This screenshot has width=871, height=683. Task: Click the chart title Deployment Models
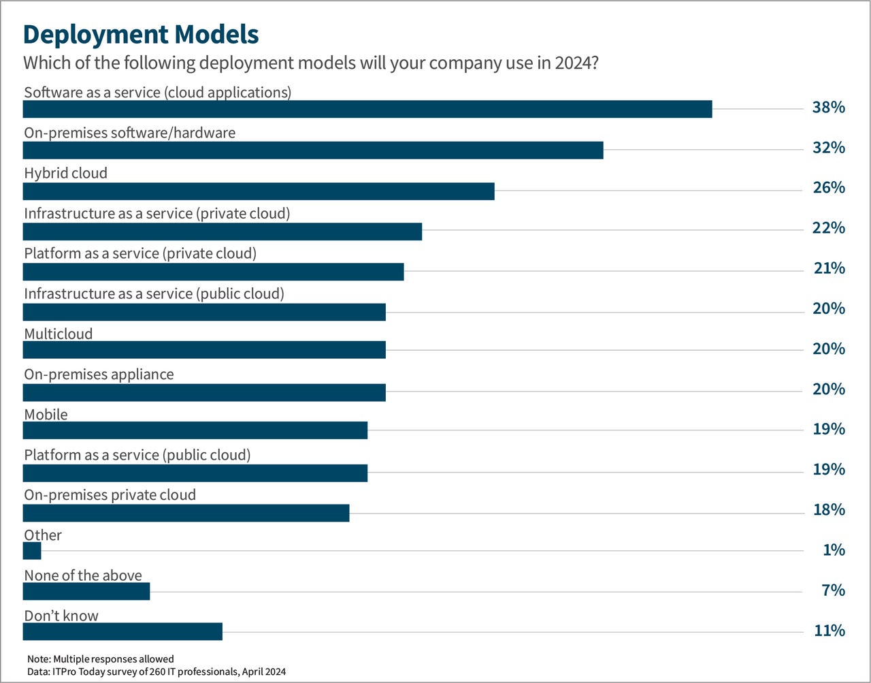click(x=141, y=34)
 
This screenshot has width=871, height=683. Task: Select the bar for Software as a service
click(x=367, y=109)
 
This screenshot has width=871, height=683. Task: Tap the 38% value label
click(x=828, y=108)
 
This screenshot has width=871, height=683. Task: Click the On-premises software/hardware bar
click(x=313, y=150)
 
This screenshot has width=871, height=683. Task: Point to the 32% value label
click(x=828, y=148)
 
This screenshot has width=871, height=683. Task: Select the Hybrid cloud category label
click(x=65, y=173)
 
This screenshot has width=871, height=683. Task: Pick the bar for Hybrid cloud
click(x=259, y=191)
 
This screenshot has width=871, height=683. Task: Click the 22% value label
click(x=828, y=228)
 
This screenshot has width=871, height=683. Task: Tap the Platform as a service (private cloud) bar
click(x=213, y=272)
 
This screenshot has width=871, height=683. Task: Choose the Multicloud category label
click(x=59, y=334)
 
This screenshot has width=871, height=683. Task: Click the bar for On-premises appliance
click(x=204, y=393)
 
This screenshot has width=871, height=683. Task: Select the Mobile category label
click(x=46, y=414)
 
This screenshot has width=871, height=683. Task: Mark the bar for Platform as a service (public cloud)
click(x=195, y=473)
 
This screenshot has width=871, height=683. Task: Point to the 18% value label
click(x=828, y=510)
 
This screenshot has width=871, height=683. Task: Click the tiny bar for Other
click(x=32, y=551)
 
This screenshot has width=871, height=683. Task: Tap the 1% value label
click(x=833, y=550)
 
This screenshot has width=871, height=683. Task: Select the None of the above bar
click(x=86, y=592)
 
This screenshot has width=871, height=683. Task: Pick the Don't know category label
click(x=61, y=616)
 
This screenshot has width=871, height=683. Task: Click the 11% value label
click(x=828, y=631)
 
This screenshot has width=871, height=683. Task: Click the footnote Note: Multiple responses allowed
click(x=101, y=659)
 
